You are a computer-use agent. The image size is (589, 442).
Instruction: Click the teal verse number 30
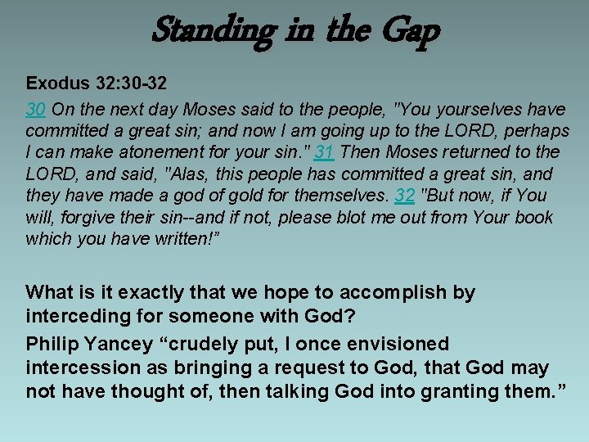click(x=35, y=109)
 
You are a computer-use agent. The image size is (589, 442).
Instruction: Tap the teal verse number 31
click(x=324, y=152)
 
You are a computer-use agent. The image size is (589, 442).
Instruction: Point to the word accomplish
click(x=407, y=293)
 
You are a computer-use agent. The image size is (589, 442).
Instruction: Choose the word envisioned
click(x=397, y=345)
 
